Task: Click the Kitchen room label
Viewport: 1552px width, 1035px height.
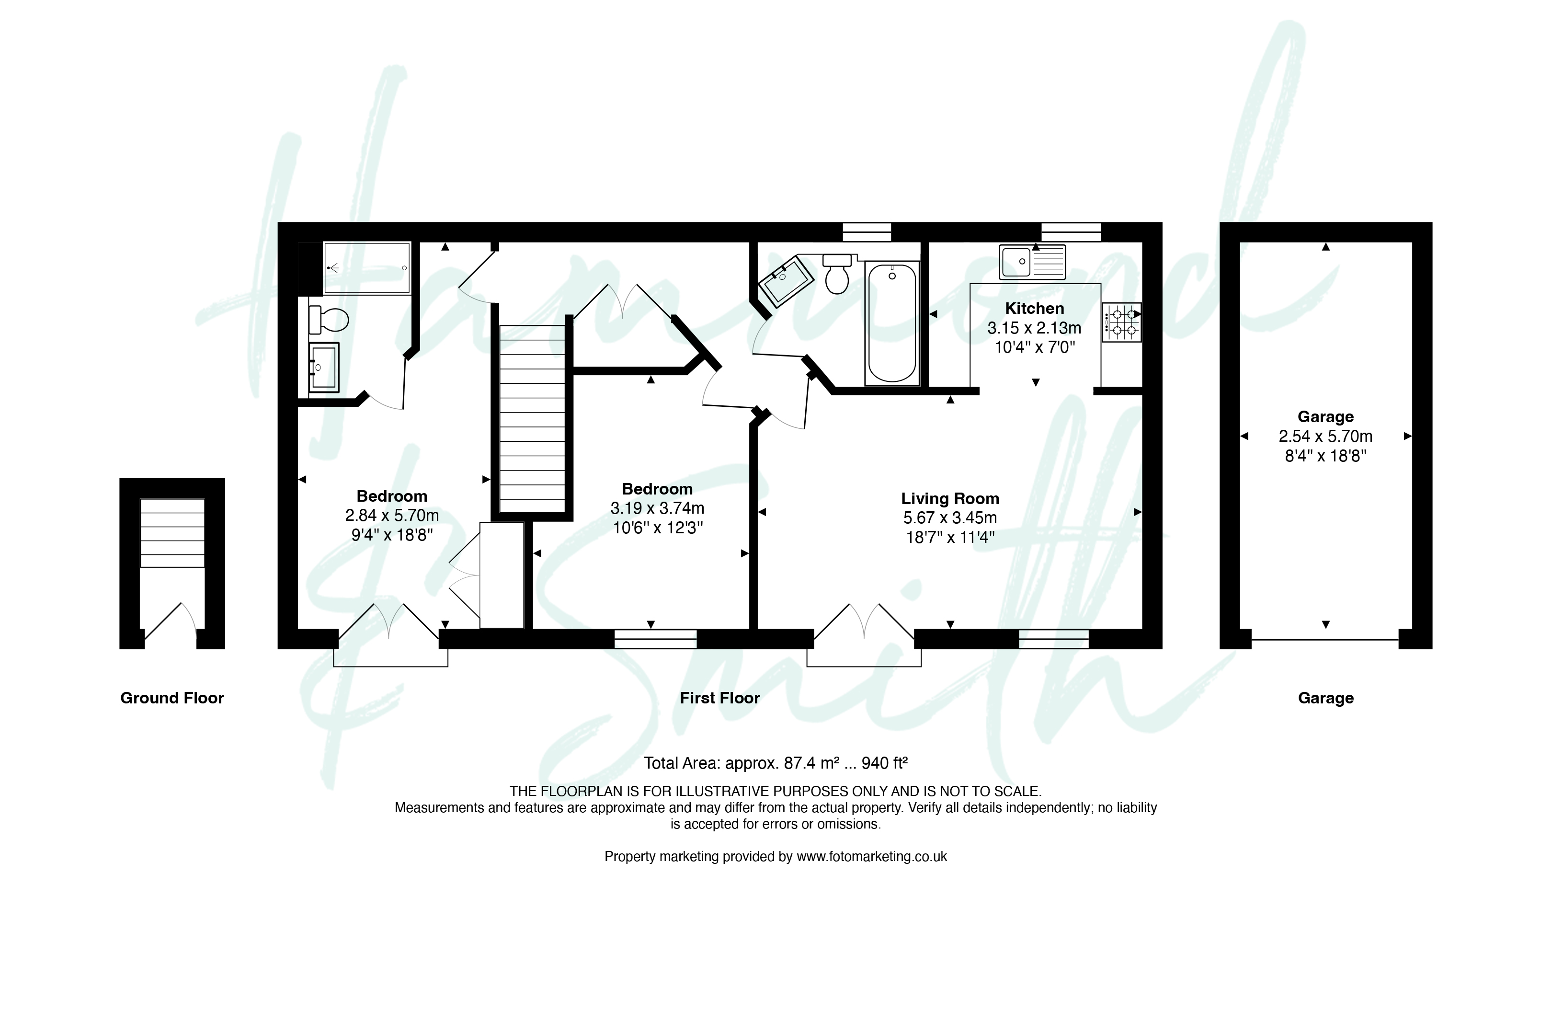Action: (1034, 308)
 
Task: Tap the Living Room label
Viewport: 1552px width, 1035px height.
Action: (950, 498)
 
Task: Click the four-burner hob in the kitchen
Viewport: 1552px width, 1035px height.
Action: (1121, 322)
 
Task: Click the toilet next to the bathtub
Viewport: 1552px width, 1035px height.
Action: (837, 274)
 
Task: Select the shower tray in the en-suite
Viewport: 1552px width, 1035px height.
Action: (367, 267)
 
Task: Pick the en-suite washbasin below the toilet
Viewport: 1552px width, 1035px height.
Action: (323, 367)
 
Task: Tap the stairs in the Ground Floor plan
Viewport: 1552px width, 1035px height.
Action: (172, 533)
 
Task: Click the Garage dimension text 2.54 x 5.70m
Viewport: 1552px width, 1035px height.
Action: (1326, 437)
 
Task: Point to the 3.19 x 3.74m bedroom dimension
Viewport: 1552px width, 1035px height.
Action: (657, 508)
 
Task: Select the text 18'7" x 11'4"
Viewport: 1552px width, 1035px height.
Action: (950, 537)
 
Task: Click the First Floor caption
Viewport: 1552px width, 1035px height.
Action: (720, 698)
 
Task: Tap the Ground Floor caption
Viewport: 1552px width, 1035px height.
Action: (172, 698)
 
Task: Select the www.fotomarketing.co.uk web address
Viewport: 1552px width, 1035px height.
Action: (872, 857)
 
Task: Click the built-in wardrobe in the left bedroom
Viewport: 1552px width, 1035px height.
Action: (502, 575)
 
